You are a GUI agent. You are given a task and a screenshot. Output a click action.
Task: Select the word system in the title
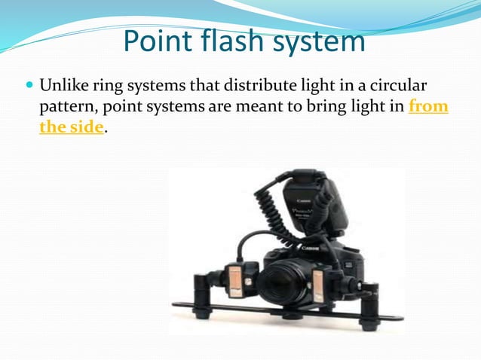(x=320, y=41)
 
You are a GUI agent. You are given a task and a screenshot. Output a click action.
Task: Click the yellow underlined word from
(x=427, y=106)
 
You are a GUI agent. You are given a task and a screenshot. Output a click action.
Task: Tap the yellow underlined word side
(x=83, y=127)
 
